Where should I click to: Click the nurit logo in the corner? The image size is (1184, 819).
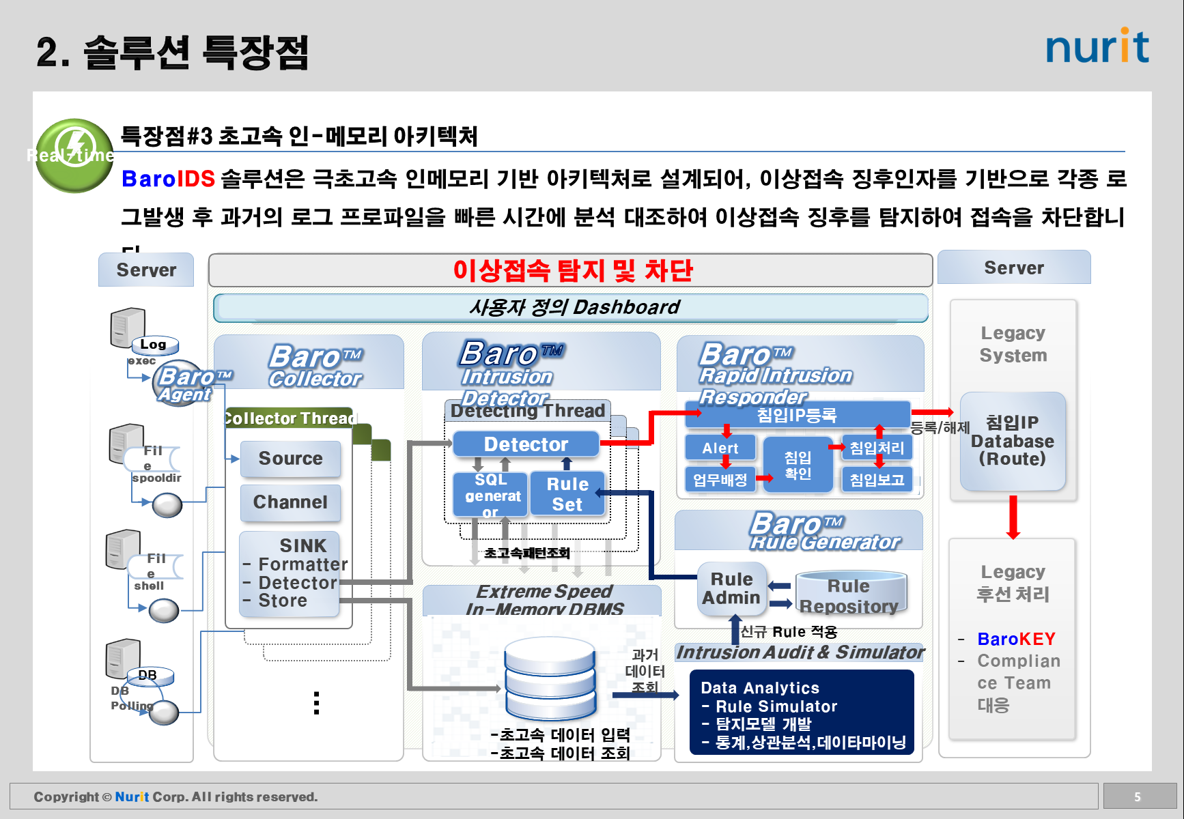(1097, 46)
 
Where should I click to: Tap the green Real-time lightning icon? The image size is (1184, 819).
(74, 155)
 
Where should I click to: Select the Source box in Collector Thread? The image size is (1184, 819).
(290, 459)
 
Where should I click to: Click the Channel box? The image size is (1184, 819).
(290, 502)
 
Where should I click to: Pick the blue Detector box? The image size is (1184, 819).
(526, 444)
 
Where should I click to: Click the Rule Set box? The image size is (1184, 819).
(567, 494)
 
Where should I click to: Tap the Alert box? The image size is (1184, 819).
(720, 448)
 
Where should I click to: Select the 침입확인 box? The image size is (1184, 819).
(798, 465)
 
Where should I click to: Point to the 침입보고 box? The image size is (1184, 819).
(877, 480)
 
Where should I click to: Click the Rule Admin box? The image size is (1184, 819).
(731, 588)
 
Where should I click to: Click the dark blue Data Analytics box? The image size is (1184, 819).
(802, 713)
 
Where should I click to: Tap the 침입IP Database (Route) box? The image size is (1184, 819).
(1012, 442)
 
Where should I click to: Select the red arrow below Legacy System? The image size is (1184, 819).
(1013, 517)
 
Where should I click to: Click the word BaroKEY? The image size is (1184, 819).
(1016, 640)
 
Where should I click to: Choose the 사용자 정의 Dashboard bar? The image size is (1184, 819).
(571, 308)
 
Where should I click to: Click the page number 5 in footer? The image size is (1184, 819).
(1138, 797)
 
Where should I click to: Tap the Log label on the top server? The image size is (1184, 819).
(154, 345)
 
